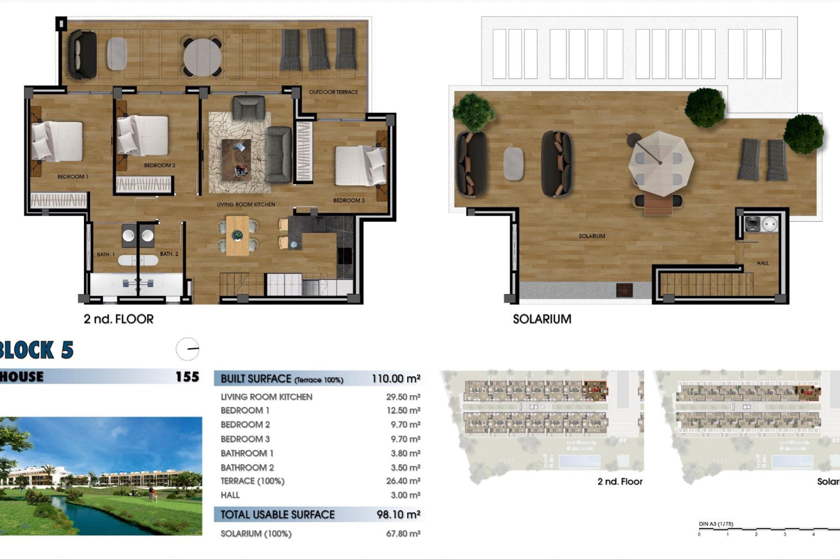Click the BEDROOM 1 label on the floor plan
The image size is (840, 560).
pyautogui.click(x=73, y=177)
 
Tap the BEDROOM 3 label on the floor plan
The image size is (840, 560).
pyautogui.click(x=349, y=200)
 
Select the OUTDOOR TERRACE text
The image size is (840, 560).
pyautogui.click(x=333, y=92)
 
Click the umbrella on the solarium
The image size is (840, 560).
pyautogui.click(x=661, y=163)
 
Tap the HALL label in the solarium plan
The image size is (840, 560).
pyautogui.click(x=763, y=263)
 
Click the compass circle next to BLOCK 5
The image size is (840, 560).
pyautogui.click(x=188, y=349)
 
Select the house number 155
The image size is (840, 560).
pyautogui.click(x=187, y=377)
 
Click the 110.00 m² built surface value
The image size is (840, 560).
pyautogui.click(x=396, y=379)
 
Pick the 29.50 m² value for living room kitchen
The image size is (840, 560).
pyautogui.click(x=403, y=397)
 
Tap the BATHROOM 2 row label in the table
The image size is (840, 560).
pyautogui.click(x=247, y=468)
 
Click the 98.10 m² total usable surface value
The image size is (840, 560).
pyautogui.click(x=398, y=515)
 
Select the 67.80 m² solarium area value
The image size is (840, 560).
pyautogui.click(x=403, y=534)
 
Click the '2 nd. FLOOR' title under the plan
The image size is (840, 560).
pyautogui.click(x=119, y=319)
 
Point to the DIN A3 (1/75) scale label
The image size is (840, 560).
pyautogui.click(x=716, y=524)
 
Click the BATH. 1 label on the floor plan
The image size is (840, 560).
pyautogui.click(x=106, y=255)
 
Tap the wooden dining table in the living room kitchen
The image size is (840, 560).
pyautogui.click(x=238, y=236)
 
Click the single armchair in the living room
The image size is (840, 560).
pyautogui.click(x=248, y=108)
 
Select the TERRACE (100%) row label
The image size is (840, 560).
pyautogui.click(x=252, y=481)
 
